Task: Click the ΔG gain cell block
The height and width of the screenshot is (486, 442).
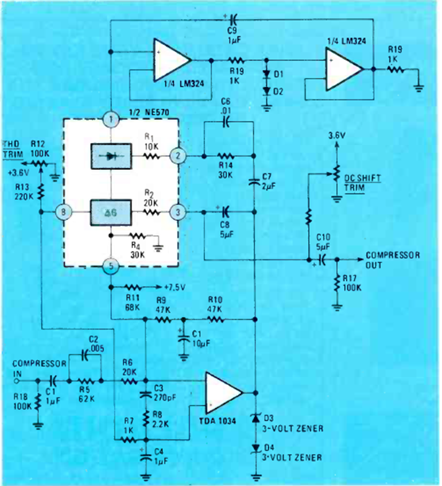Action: point(111,213)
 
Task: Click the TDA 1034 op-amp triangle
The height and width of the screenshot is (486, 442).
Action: point(223,392)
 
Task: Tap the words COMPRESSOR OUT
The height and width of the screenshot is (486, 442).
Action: point(392,260)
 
